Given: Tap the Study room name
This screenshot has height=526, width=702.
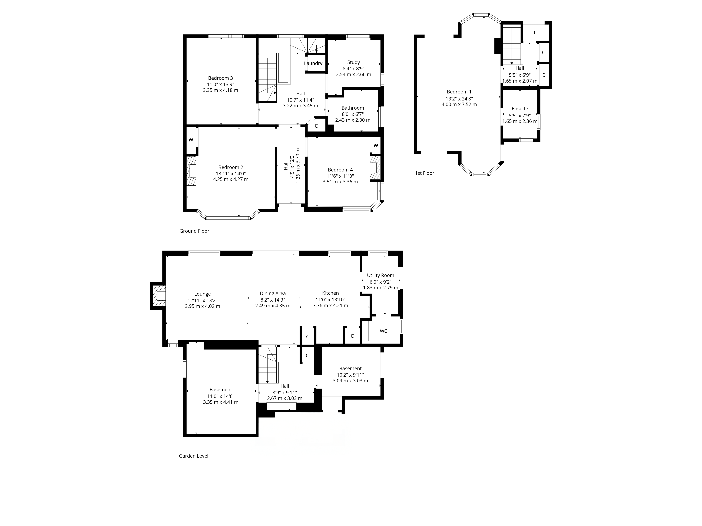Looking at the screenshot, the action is (x=353, y=62).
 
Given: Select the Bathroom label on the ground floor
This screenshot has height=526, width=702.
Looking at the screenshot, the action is (x=353, y=108).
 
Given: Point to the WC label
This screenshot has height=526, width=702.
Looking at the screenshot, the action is (x=383, y=331).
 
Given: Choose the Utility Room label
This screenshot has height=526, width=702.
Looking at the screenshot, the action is (x=380, y=275).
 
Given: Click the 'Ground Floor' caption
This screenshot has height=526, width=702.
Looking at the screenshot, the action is (x=194, y=231).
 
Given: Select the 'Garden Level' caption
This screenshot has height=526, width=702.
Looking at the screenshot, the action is (x=194, y=456).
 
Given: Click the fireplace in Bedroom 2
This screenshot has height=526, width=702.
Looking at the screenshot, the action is (x=191, y=171).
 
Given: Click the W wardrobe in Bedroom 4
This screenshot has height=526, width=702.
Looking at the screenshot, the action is (x=376, y=146).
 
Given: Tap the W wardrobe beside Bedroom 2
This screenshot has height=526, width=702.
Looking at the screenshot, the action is (x=191, y=140).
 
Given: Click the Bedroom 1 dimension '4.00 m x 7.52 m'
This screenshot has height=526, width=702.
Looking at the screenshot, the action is (x=459, y=104).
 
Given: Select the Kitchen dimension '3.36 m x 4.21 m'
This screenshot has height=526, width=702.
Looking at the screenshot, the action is (x=330, y=306).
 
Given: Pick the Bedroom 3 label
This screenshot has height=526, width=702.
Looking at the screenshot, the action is (x=221, y=78).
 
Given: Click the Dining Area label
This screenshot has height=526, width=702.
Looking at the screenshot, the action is (x=273, y=294).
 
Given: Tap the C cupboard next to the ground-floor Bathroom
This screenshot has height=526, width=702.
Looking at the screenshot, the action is (x=316, y=126).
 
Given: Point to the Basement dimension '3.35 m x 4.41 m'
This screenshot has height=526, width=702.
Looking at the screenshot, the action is (x=221, y=402).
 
